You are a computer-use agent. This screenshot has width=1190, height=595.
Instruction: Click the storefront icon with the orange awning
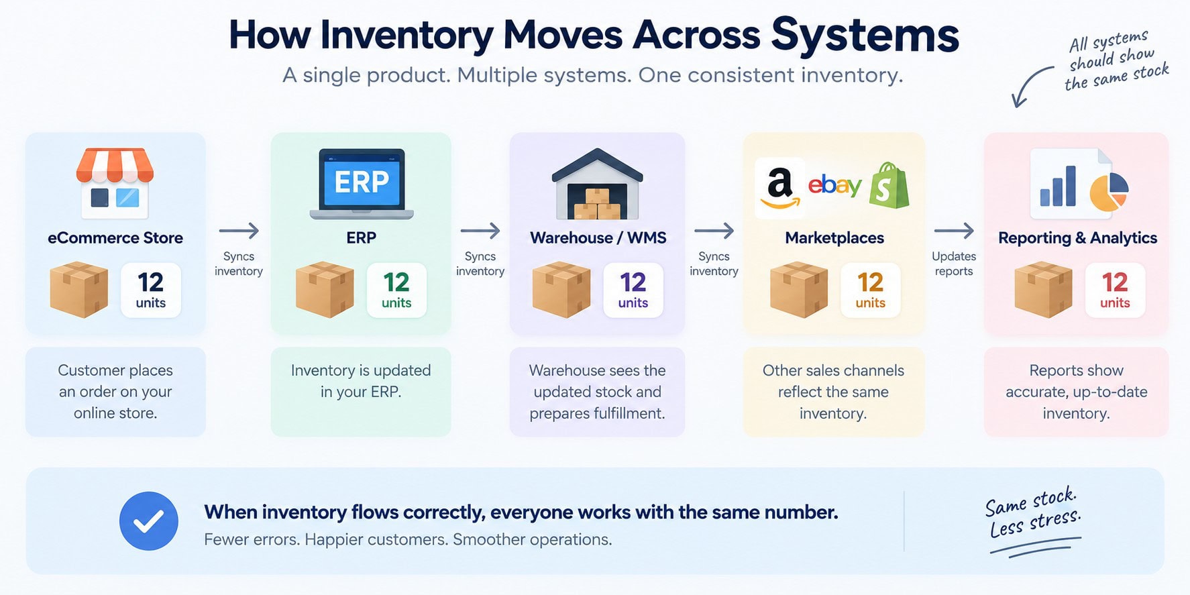point(115,183)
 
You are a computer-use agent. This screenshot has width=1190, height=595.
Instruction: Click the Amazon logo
point(779,188)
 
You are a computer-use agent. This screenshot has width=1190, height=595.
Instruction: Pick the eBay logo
point(834,184)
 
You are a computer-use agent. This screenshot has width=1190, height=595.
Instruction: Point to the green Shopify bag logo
point(889,185)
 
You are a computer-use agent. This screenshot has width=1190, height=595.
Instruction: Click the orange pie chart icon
point(1109,192)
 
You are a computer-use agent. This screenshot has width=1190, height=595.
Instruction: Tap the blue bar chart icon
point(1058,186)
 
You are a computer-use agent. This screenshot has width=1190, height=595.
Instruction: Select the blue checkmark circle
point(148,521)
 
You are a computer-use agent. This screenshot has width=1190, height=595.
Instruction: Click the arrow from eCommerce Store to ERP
point(239,231)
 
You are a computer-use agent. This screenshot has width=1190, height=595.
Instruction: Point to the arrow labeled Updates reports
point(954,231)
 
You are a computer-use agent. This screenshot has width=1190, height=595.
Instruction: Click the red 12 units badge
point(1115,290)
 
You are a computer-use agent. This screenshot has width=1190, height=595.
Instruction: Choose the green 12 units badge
point(396,290)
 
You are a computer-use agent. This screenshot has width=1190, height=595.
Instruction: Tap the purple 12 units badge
point(633,290)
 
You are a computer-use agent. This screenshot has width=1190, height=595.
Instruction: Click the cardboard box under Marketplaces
point(798,290)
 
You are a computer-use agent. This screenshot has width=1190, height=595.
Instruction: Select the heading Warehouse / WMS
point(598,237)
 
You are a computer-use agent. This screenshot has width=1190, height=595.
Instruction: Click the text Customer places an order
point(115,380)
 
